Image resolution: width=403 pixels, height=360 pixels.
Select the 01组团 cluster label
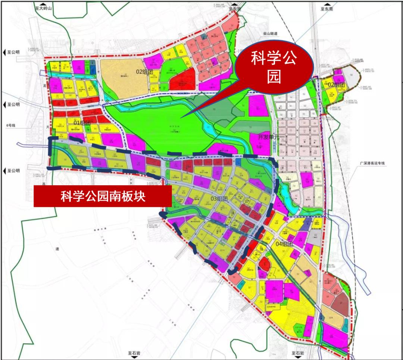(82, 123)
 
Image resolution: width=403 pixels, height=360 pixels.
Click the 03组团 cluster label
(219, 199)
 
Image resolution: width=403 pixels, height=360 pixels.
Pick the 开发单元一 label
(269, 136)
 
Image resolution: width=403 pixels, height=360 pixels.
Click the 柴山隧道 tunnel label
(271, 34)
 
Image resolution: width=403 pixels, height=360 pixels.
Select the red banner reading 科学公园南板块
(103, 196)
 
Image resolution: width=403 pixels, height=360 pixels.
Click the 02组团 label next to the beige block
(145, 71)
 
